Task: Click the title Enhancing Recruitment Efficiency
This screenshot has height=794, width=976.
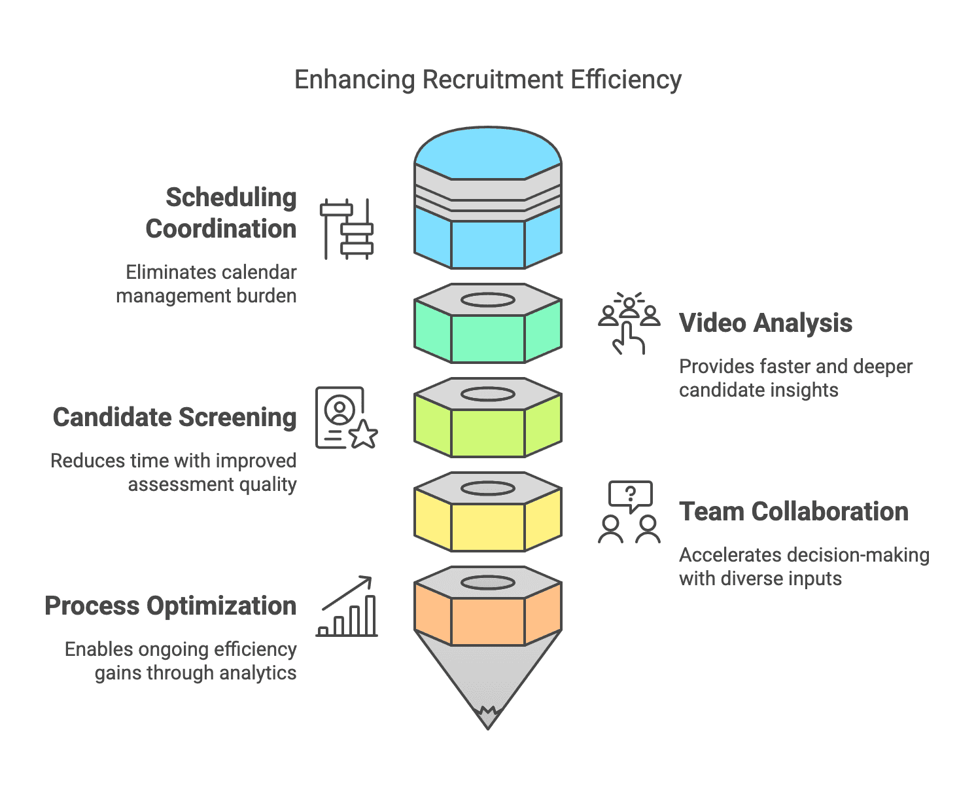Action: [487, 80]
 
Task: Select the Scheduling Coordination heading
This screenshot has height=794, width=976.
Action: [221, 213]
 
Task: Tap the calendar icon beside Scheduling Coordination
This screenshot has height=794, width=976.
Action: [346, 228]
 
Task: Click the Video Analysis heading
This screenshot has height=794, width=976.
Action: [765, 323]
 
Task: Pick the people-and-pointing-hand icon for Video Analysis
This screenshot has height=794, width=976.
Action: [629, 323]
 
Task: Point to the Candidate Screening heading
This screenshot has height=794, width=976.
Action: [175, 417]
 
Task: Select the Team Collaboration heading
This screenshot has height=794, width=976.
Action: [793, 511]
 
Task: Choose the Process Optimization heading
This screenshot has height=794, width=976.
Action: [170, 605]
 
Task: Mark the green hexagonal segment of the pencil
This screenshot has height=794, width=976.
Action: [487, 337]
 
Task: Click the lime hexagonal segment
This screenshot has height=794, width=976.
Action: [487, 431]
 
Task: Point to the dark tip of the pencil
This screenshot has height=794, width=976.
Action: [487, 717]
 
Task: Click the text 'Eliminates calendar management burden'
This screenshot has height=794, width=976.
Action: [207, 284]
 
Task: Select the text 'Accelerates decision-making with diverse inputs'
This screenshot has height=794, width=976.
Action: [803, 566]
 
